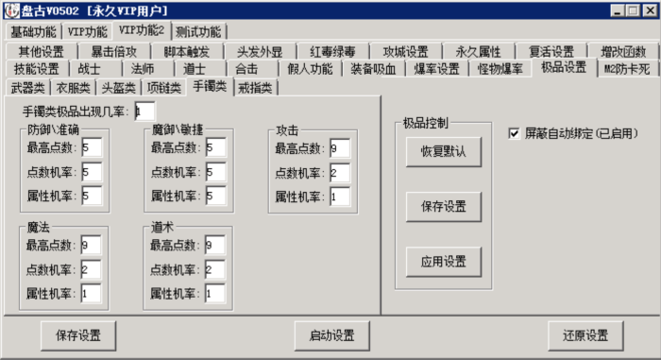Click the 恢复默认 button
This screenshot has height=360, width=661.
443,151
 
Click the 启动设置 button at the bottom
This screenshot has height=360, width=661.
331,335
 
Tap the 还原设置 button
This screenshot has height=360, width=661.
585,335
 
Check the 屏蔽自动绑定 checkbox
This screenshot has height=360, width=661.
515,133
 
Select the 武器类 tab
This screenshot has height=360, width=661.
27,88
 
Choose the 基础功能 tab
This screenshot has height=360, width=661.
32,31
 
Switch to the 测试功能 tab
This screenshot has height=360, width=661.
198,31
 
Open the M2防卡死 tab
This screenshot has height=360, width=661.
626,69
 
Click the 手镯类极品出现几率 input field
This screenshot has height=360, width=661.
144,111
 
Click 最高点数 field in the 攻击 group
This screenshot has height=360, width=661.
340,147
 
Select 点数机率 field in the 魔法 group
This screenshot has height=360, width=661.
91,269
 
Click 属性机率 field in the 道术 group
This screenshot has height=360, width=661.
214,293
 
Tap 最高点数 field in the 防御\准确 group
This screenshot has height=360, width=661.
91,147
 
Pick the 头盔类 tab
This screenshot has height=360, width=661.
119,88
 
